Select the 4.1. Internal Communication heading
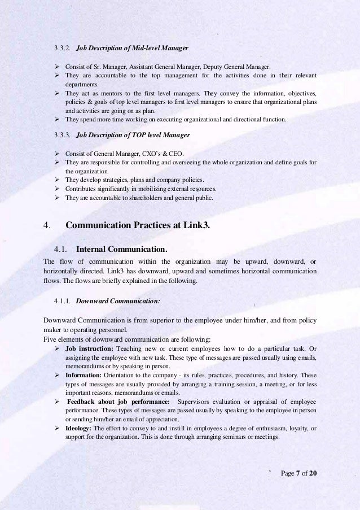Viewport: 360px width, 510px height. (110, 249)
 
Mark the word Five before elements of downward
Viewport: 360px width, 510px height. (50, 339)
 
